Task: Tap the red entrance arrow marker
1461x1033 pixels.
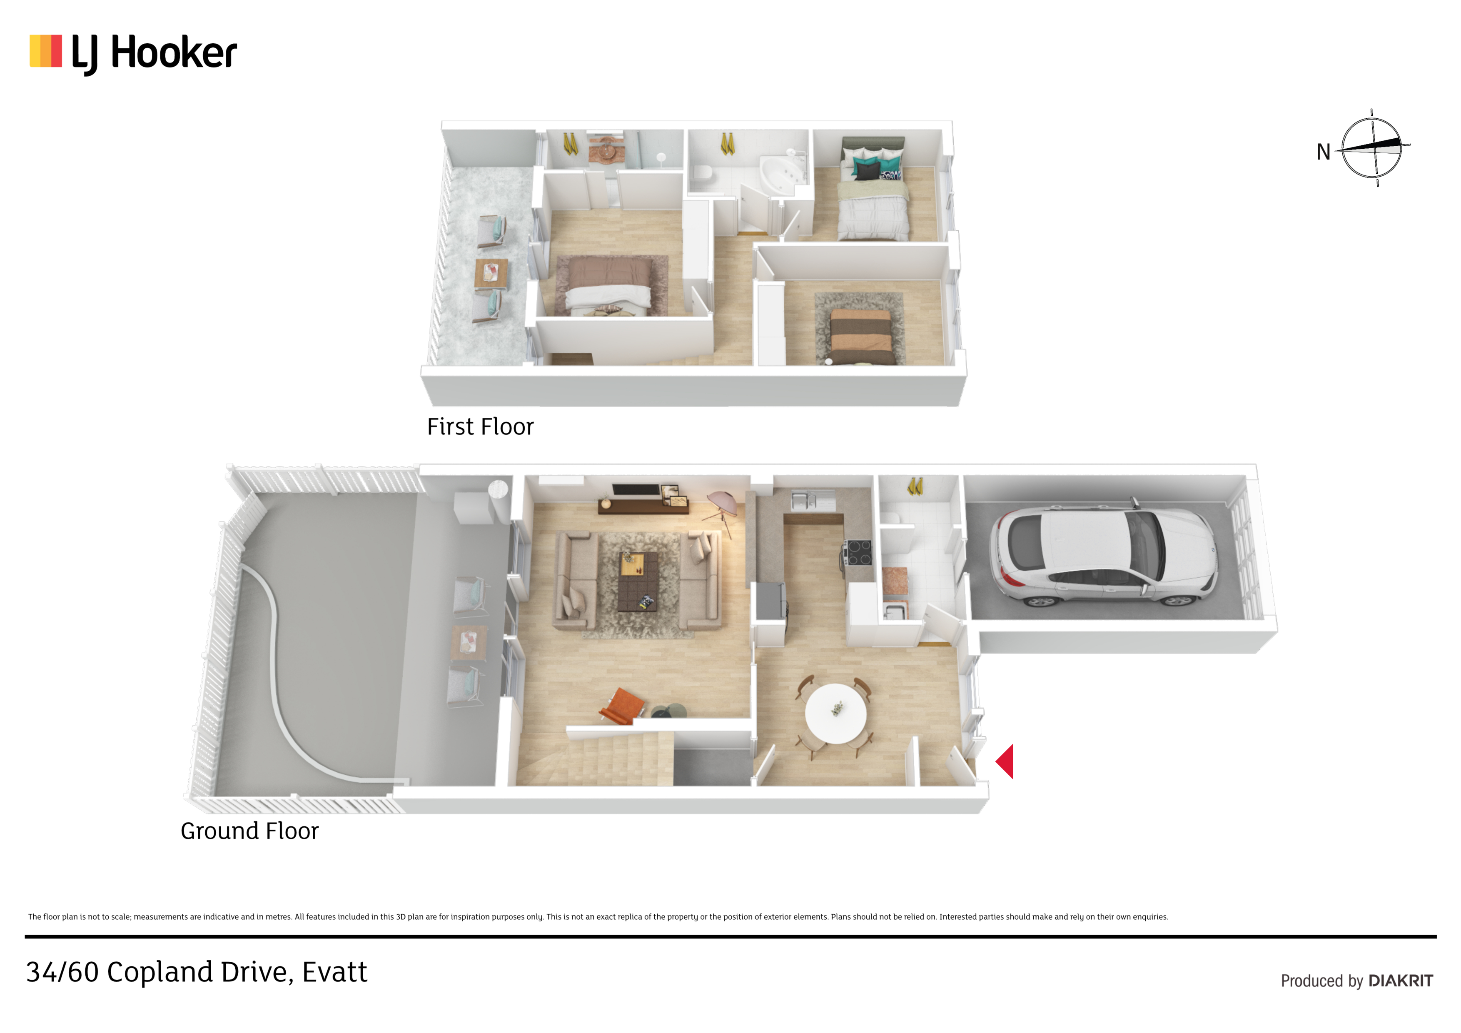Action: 1005,761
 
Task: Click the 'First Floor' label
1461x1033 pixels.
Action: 481,427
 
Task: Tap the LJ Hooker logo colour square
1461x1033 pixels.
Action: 46,51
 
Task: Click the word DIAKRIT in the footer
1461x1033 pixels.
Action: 1401,981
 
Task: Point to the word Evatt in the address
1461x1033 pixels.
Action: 335,972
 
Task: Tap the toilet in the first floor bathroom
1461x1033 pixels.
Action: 702,174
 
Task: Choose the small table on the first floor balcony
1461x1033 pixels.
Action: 491,274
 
